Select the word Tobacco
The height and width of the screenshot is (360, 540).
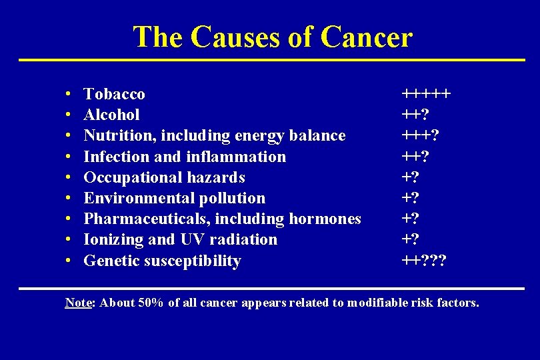114,94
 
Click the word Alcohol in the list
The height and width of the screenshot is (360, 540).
111,115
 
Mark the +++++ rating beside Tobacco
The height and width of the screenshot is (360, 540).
425,94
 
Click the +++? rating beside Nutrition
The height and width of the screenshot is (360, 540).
419,135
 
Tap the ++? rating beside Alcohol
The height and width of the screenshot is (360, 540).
415,115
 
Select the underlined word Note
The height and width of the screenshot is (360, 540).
78,303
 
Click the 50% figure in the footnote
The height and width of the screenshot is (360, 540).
149,303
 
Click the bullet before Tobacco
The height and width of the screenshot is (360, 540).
70,95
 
